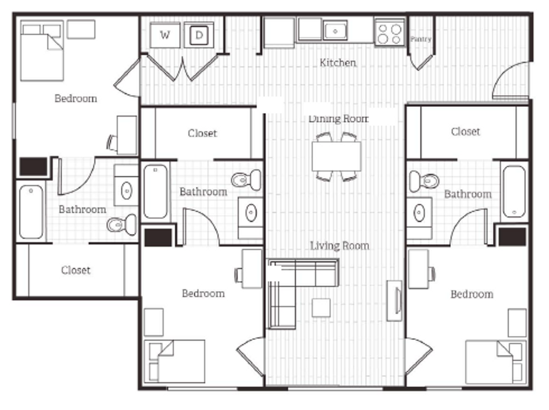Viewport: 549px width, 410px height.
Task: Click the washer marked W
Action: [165, 35]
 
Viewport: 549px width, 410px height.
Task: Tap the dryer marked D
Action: [199, 35]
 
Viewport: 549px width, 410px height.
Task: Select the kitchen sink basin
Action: [335, 31]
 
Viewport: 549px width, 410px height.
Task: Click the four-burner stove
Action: [389, 32]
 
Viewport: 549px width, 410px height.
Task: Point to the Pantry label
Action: [421, 39]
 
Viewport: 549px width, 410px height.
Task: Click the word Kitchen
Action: [338, 63]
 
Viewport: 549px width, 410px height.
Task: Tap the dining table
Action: [336, 156]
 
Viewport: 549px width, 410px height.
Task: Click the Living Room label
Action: [339, 246]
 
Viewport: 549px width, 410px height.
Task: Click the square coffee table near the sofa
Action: [321, 308]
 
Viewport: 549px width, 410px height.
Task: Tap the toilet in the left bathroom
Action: [122, 224]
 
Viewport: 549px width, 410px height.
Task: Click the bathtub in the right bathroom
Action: [514, 192]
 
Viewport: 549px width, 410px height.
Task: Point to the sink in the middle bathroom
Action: [251, 212]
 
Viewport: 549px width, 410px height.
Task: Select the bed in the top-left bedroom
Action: [42, 51]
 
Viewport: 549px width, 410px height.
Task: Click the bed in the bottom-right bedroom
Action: [496, 362]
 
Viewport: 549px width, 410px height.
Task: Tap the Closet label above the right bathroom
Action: [465, 132]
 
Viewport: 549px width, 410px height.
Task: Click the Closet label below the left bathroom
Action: [75, 270]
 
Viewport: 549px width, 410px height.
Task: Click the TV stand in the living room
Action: [395, 301]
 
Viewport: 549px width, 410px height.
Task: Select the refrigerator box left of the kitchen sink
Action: [279, 33]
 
